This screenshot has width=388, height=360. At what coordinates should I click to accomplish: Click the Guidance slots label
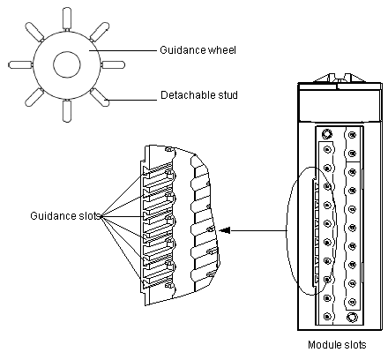click(65, 216)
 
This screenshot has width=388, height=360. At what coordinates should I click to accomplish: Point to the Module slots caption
click(337, 345)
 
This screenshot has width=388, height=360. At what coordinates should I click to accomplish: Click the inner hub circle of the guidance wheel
click(67, 64)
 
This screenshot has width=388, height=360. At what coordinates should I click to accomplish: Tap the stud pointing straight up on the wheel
click(67, 19)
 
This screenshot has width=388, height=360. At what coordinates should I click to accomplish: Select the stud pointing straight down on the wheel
click(67, 111)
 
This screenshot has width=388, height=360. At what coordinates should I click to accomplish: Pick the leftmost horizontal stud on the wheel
click(20, 65)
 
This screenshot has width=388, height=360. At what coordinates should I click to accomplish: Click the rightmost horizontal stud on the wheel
click(113, 65)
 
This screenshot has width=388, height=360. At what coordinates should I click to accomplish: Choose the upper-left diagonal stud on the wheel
click(34, 32)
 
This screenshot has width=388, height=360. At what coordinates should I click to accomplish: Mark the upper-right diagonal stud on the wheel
click(100, 32)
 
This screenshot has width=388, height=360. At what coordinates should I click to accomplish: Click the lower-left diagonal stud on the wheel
click(34, 97)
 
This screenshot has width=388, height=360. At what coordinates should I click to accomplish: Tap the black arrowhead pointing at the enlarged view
click(225, 230)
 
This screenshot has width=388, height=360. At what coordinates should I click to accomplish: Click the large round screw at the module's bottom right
click(352, 318)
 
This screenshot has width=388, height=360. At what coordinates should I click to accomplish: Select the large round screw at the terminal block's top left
click(326, 134)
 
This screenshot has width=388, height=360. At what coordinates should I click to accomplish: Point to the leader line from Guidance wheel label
click(123, 50)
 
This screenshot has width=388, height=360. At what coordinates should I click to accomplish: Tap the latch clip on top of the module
click(339, 79)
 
